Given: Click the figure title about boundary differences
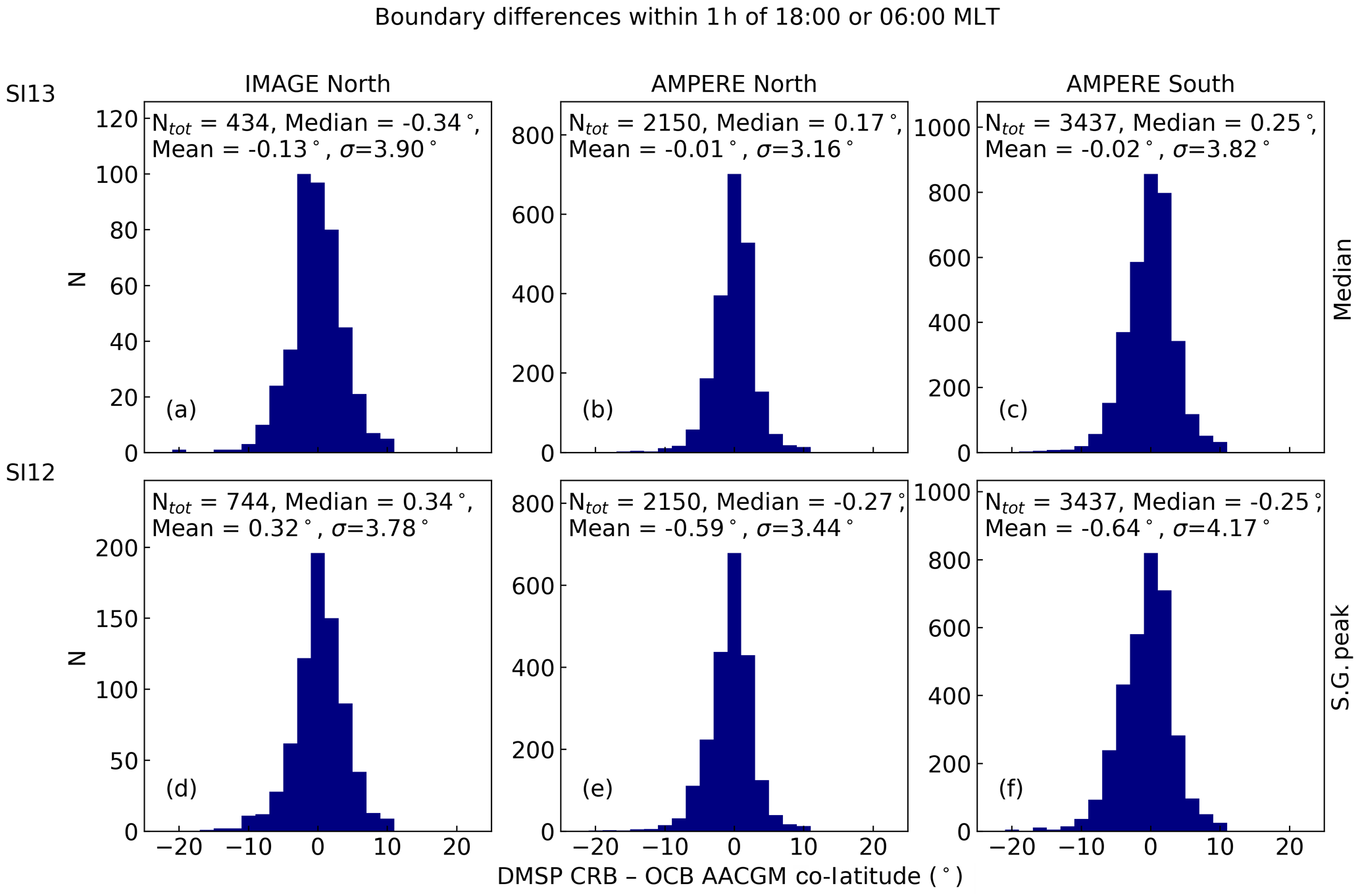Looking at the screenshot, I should coord(687,17).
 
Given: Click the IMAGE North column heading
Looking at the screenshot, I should coord(317,84).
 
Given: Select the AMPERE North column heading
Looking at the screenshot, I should coord(734,84).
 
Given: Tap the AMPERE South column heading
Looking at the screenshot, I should coord(1150,84).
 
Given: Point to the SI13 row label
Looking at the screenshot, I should coord(30,95).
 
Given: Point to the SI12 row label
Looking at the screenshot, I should coord(30,473).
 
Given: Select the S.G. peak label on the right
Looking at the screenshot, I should coord(1341,657).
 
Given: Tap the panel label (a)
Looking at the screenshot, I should coord(181,409).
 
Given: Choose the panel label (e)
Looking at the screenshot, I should coord(597,788).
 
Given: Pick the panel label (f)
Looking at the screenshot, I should coord(1011,788).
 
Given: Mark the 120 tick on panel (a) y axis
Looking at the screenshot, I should coord(116,119).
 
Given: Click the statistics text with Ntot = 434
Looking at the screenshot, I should coord(316,136).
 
